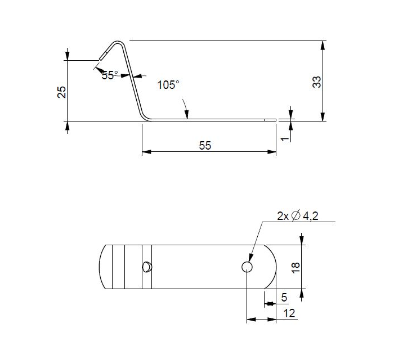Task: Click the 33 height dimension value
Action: click(316, 82)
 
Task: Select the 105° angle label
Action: click(168, 85)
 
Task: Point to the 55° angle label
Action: click(110, 75)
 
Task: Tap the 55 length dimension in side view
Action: click(205, 145)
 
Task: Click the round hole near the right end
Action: click(247, 267)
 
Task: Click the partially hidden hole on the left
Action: click(147, 267)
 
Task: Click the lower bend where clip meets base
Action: click(145, 117)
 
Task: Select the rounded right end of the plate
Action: click(273, 267)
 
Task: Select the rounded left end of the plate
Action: click(102, 267)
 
